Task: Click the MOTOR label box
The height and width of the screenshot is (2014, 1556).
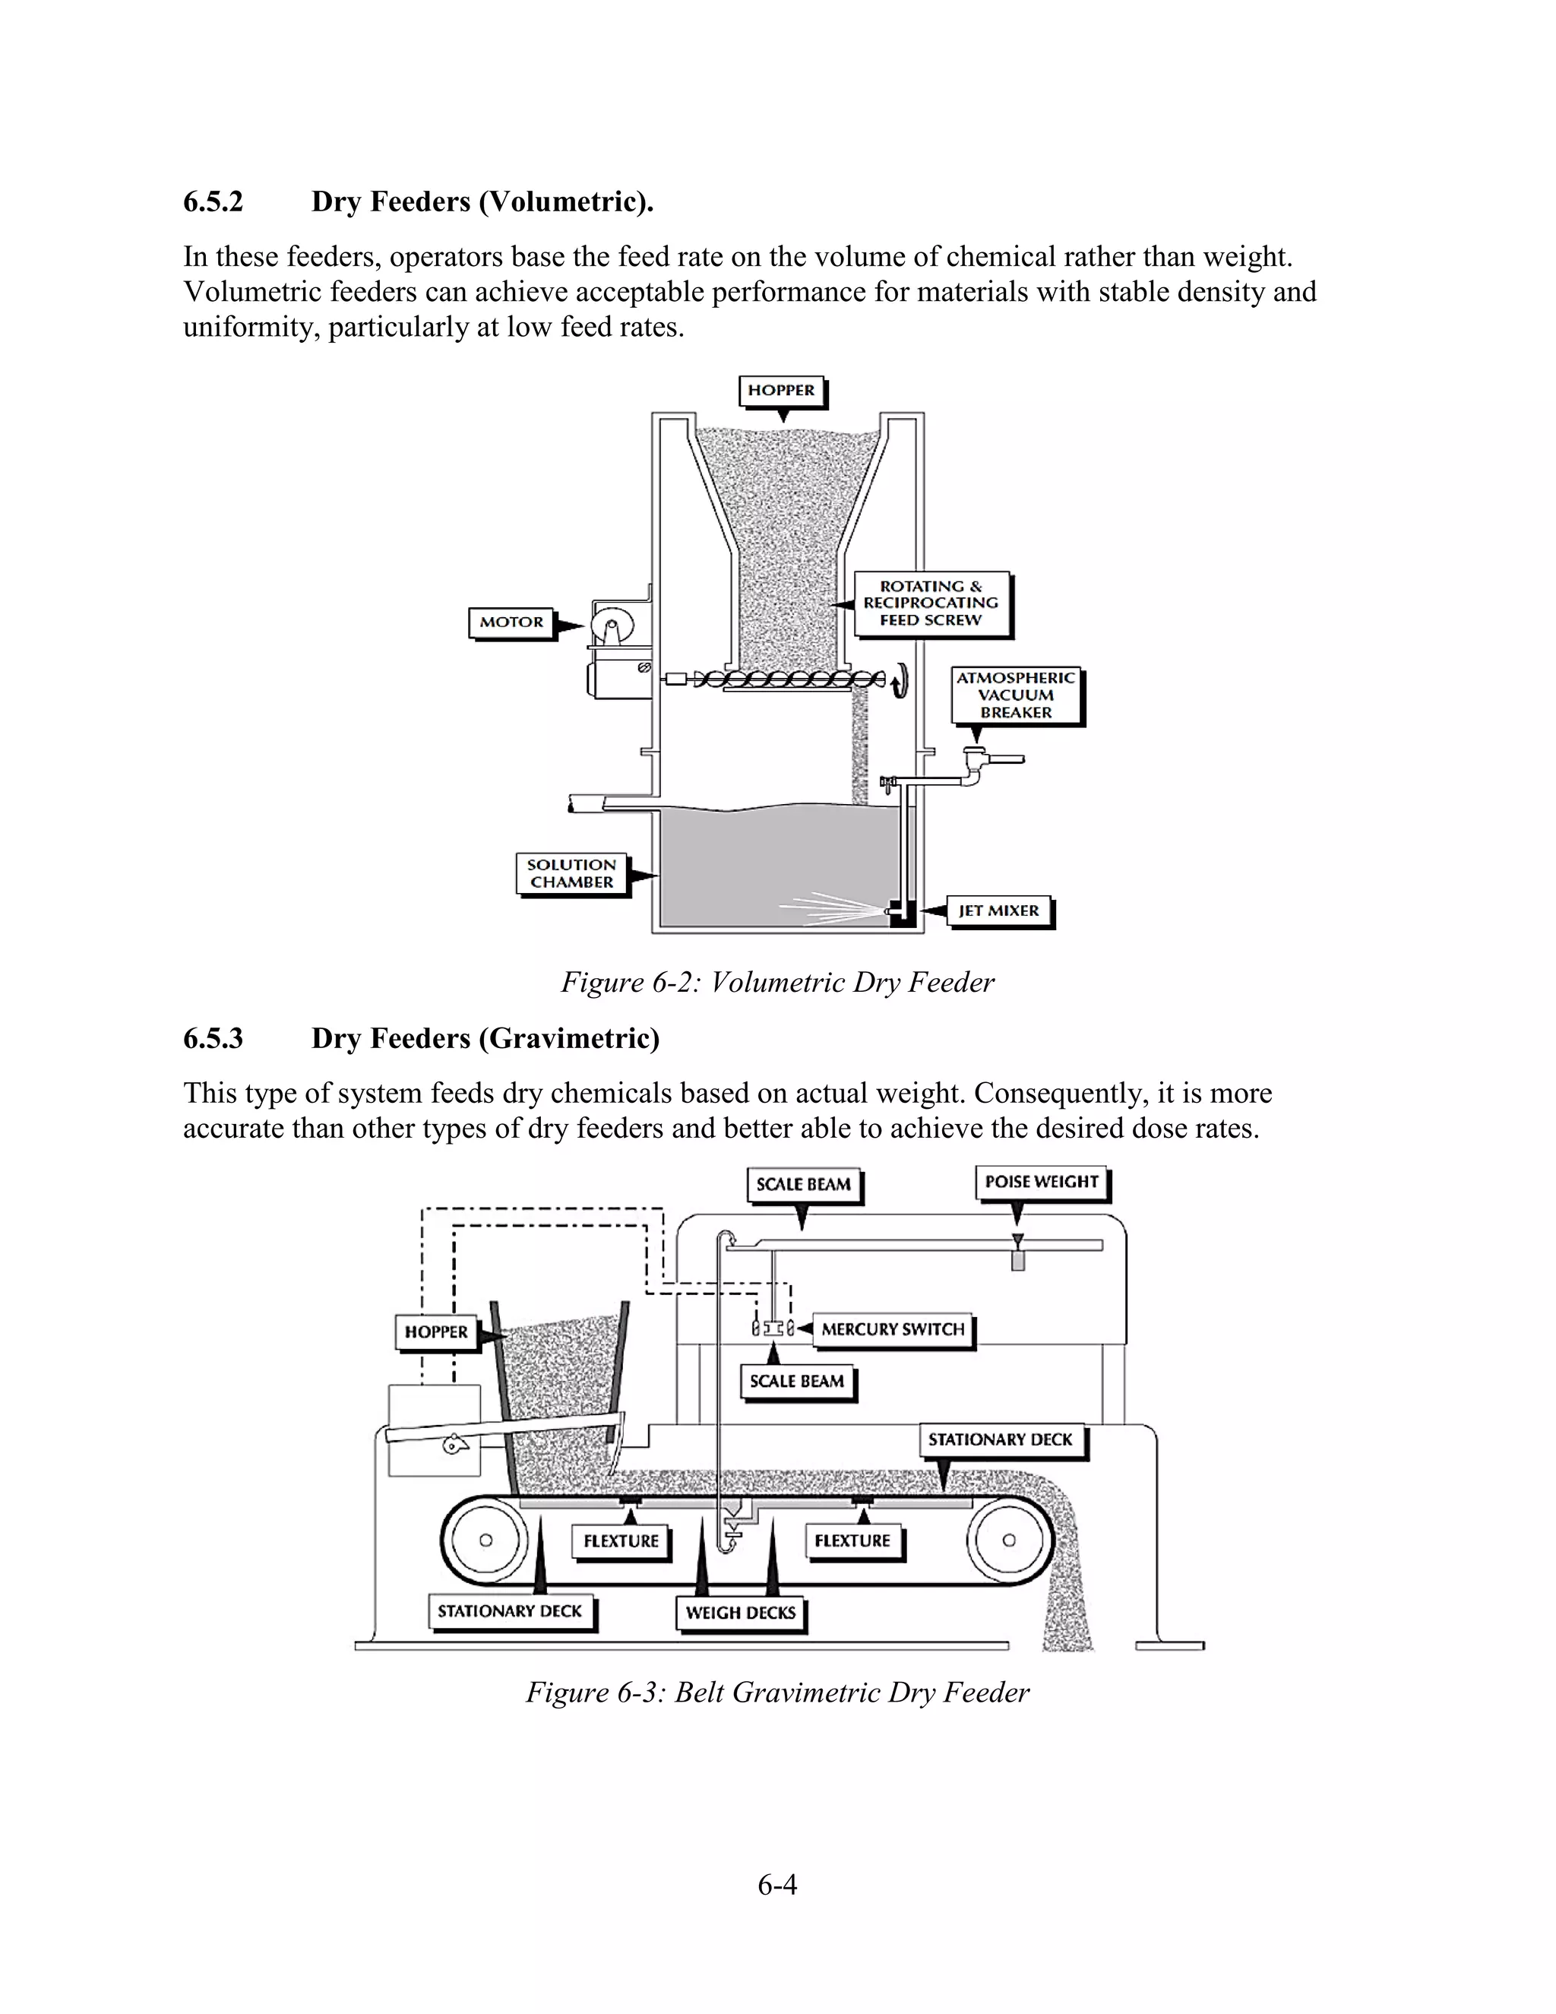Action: tap(511, 622)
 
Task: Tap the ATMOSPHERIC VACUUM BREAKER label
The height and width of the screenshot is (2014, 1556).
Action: tap(1016, 695)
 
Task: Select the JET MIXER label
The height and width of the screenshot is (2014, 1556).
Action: tap(998, 911)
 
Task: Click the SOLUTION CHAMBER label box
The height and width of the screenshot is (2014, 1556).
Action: tap(571, 873)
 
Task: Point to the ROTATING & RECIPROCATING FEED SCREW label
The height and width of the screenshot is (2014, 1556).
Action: tap(931, 603)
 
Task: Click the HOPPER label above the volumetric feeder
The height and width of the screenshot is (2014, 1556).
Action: tap(781, 391)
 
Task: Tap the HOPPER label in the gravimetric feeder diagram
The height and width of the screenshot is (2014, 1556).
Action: tap(436, 1332)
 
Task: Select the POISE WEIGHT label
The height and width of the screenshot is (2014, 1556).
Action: tap(1041, 1183)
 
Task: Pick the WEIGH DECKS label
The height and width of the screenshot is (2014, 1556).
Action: tap(740, 1613)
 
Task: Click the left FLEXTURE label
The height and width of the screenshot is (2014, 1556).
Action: tap(621, 1541)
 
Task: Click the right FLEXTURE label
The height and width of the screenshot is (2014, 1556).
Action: tap(852, 1541)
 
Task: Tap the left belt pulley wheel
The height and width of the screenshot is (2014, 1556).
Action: tap(485, 1540)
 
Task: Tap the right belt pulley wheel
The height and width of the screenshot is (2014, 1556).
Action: tap(1010, 1540)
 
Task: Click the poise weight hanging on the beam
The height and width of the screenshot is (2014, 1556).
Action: tap(1017, 1259)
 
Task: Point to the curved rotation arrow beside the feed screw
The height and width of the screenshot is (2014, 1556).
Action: tap(900, 680)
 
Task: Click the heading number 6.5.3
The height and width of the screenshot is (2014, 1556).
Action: tap(213, 1038)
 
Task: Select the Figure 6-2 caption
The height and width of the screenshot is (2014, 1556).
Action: tap(777, 982)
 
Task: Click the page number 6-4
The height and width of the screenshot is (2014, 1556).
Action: tap(777, 1885)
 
